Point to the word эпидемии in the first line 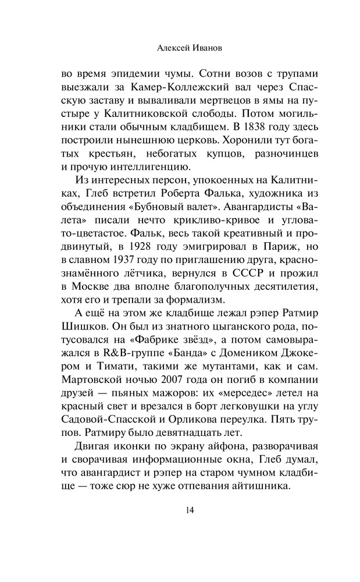pyautogui.click(x=129, y=73)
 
